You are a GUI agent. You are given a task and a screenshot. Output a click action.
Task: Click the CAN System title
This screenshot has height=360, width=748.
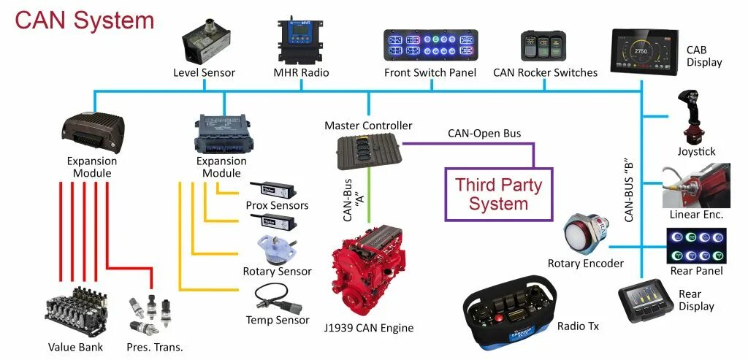coord(84,20)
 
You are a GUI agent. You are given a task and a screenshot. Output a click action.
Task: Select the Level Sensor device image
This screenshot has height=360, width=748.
coord(206,43)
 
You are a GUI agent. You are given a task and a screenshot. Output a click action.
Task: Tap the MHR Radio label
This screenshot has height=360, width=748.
coord(301,72)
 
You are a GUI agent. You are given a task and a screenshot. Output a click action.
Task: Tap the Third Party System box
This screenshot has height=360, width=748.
coord(499,194)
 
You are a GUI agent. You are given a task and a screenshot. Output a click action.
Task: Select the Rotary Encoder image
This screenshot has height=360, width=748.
coord(584,234)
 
